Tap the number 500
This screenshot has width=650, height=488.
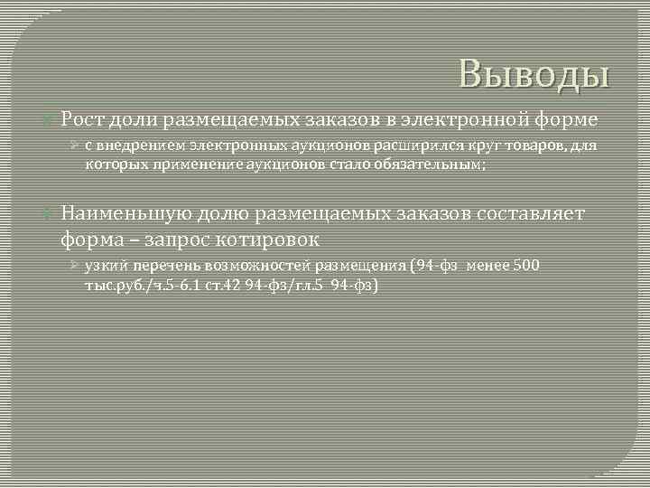527,267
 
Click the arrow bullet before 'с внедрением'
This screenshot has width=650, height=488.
76,146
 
